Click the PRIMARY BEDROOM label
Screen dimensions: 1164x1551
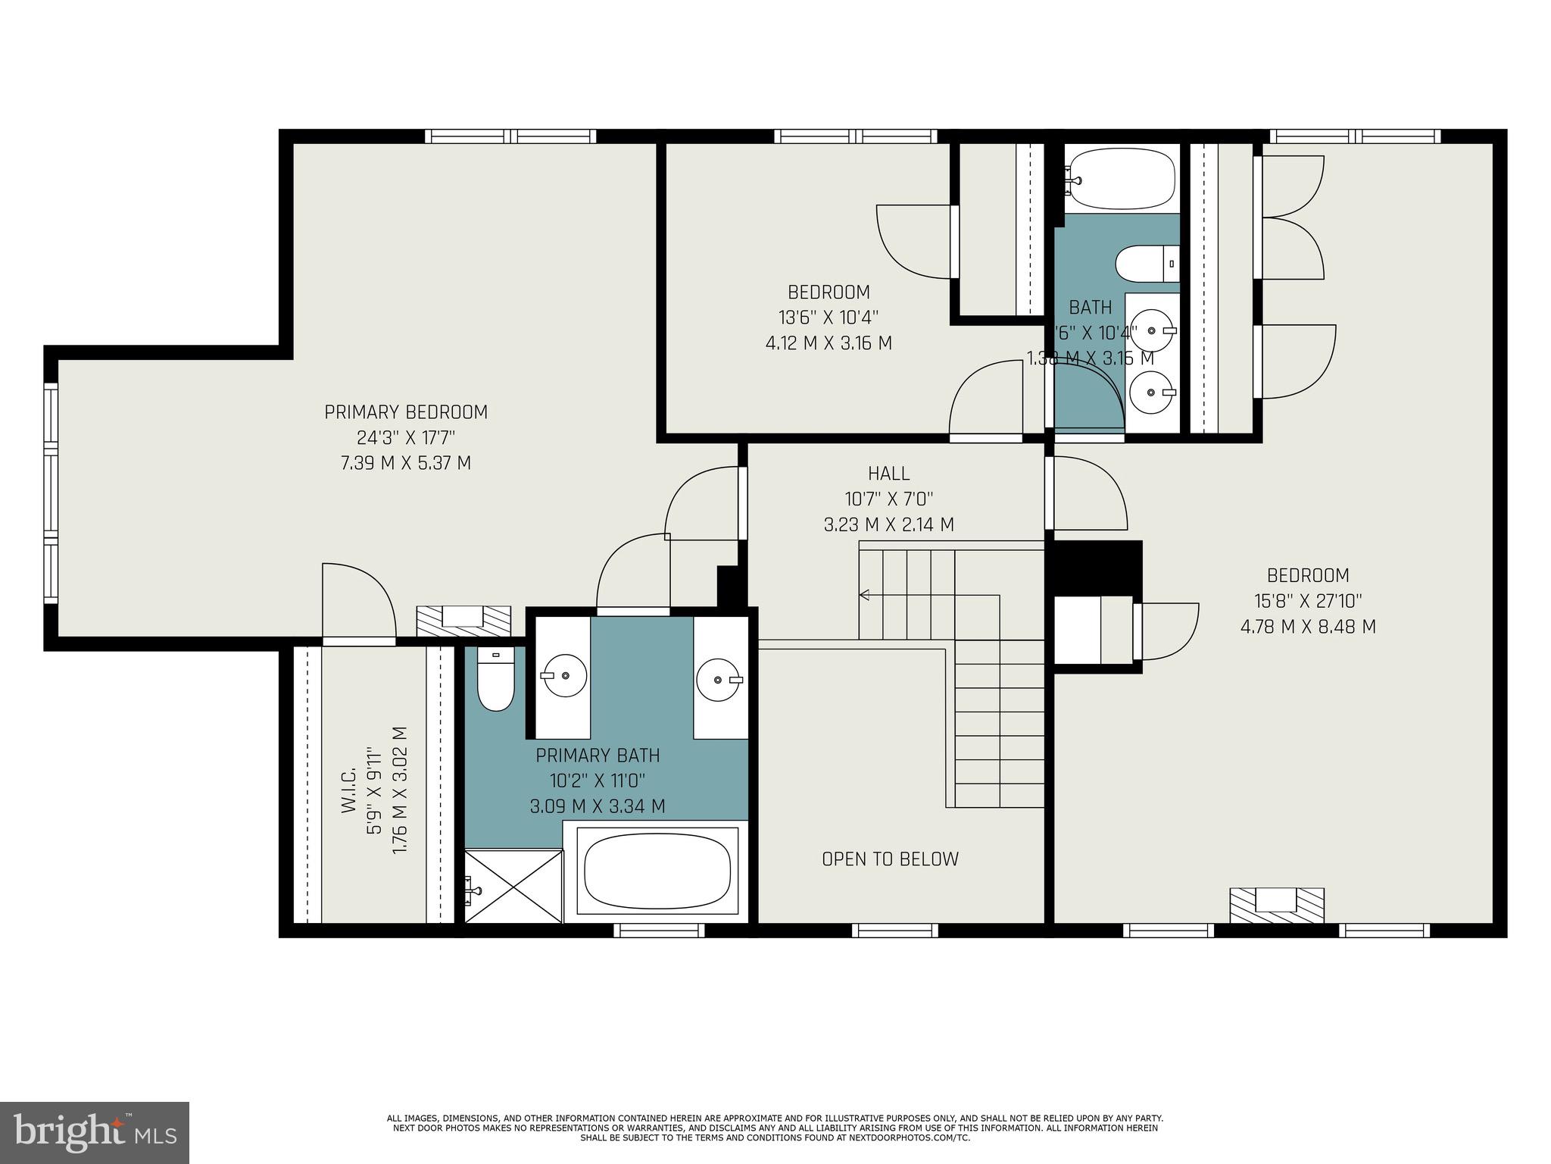coord(406,412)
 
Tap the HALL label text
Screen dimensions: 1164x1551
coord(888,474)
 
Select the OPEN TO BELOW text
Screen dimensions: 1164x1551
coord(890,859)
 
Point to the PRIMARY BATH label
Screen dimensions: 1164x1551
coord(598,756)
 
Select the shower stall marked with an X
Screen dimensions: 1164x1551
coord(513,886)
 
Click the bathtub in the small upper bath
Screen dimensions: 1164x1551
coord(1122,179)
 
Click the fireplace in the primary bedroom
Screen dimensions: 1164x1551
coord(463,620)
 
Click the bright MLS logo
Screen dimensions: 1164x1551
coord(95,1133)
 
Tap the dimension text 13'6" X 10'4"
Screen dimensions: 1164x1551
coord(829,318)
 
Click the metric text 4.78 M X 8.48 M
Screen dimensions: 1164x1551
coord(1308,627)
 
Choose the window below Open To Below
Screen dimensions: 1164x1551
coord(894,930)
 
